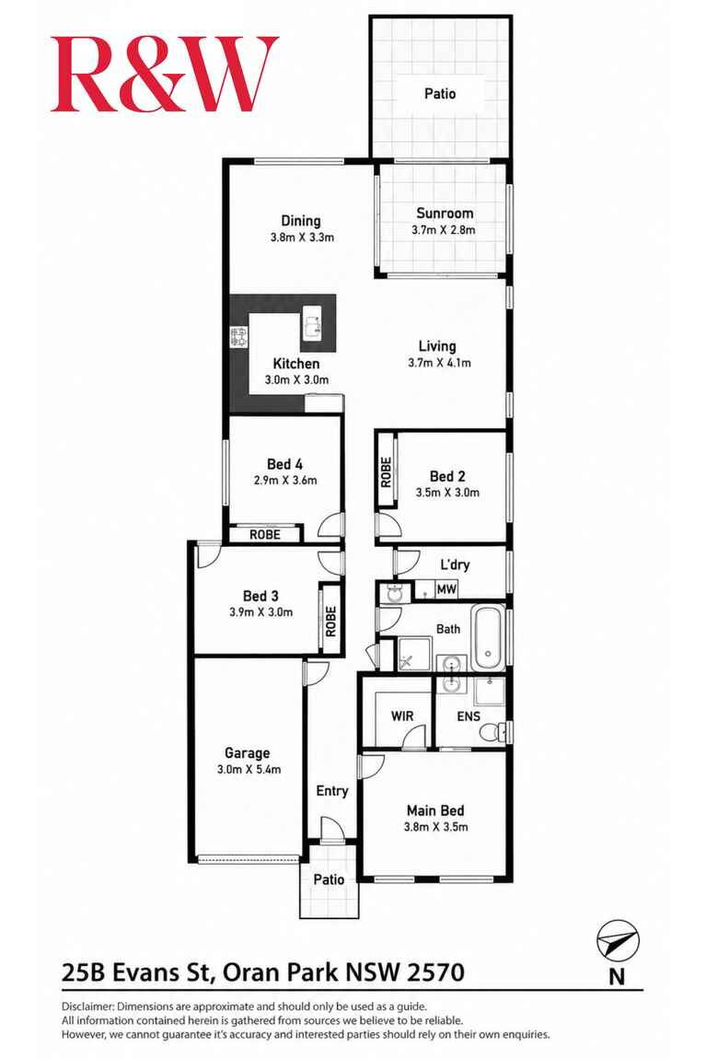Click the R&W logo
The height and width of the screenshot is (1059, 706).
(x=165, y=74)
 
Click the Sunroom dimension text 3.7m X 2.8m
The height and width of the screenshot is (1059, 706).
(x=444, y=229)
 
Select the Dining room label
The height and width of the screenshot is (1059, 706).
(x=301, y=221)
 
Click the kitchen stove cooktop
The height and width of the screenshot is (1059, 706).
(x=239, y=337)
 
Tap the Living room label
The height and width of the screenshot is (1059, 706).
(x=437, y=346)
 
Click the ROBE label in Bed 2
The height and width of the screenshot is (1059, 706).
(x=386, y=472)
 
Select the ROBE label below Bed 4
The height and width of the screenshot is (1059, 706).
(x=264, y=534)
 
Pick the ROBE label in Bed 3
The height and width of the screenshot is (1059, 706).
(x=330, y=622)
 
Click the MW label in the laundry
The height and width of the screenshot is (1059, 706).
(x=446, y=589)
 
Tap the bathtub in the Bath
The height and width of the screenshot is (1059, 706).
(x=488, y=638)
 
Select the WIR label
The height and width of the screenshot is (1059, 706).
(x=402, y=716)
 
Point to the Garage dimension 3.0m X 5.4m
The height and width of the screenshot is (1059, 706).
(x=249, y=769)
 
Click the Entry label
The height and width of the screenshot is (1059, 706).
(x=332, y=791)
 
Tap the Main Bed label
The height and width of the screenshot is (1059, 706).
(x=435, y=810)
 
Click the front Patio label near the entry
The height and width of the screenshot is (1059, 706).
(x=329, y=879)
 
